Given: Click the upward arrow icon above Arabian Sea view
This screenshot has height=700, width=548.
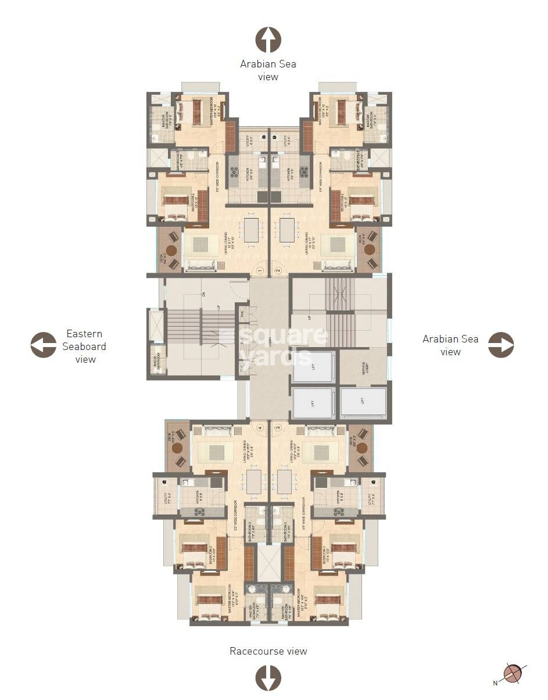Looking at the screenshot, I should pos(268,40).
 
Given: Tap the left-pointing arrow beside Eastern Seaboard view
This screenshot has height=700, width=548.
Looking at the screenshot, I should pos(44,345).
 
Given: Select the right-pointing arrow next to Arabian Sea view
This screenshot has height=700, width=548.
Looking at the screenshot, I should pos(500,345).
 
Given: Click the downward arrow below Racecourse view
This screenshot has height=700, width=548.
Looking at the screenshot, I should pos(268,678).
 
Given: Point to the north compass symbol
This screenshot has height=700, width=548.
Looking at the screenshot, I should pos(512,673).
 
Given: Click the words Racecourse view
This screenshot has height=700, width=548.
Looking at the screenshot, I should pos(268,651).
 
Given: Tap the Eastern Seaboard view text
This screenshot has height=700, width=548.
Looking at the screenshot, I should pos(85,347).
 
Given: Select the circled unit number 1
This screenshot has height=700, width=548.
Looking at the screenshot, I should pos(260,270).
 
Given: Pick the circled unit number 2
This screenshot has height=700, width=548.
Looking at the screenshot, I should pos(278,270).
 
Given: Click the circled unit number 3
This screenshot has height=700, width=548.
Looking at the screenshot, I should pos(278,428).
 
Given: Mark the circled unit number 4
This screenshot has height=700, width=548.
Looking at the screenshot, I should pos(260,428).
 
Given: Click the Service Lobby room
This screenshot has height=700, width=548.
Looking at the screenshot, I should pos(363,366).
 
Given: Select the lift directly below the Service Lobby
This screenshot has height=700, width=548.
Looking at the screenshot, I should pos(363,402).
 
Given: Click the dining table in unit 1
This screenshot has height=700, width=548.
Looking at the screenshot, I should pos(251,230).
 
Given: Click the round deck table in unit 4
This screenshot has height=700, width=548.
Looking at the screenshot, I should pos(177,448).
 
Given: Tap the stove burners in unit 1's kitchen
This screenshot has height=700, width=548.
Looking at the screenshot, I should pos(235,172).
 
